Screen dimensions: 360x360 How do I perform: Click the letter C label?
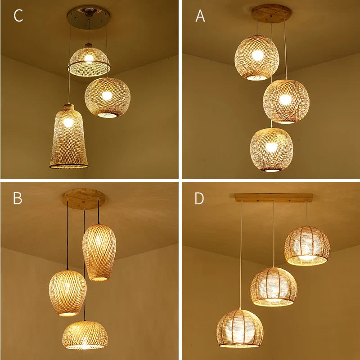click(x=18, y=16)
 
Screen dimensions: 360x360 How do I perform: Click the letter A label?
click(x=200, y=16)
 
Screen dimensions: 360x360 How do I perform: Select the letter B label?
click(x=18, y=198)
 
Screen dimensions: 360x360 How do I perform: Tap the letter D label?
click(x=199, y=198)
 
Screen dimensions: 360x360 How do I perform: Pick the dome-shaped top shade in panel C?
click(x=89, y=61)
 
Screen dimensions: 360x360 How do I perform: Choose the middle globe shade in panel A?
click(x=286, y=101)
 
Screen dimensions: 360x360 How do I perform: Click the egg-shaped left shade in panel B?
click(x=67, y=293)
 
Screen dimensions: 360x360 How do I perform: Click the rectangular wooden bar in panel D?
click(x=274, y=198)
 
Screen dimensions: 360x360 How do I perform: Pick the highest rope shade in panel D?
click(x=307, y=246)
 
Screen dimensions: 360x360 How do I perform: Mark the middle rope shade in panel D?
click(x=274, y=287)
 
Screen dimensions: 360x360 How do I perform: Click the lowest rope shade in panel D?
click(x=239, y=328)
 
